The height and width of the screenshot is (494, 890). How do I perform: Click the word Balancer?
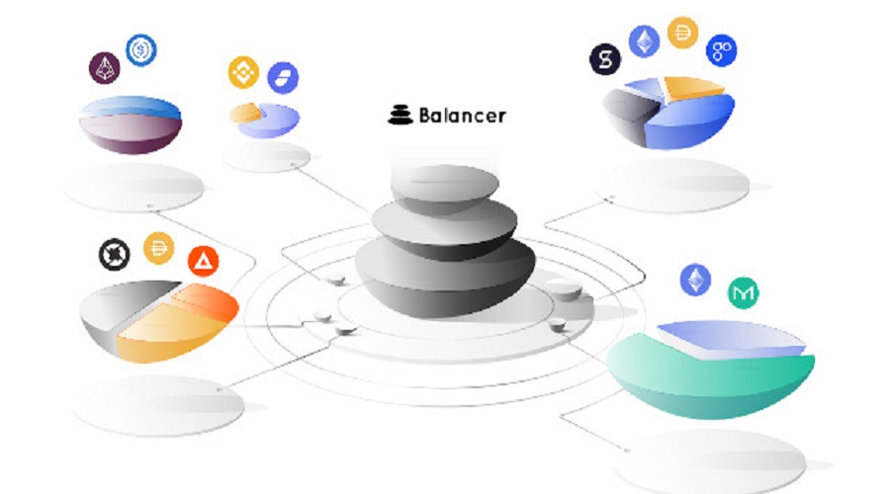pyautogui.click(x=462, y=116)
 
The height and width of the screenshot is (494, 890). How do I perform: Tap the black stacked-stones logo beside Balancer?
pyautogui.click(x=400, y=115)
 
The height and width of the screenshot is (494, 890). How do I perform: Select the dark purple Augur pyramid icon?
pyautogui.click(x=105, y=68)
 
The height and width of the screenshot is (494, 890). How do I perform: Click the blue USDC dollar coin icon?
pyautogui.click(x=140, y=50)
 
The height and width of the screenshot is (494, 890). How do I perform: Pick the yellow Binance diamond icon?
pyautogui.click(x=243, y=72)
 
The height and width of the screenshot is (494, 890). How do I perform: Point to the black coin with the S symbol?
pyautogui.click(x=605, y=59)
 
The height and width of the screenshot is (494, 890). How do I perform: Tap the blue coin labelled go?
pyautogui.click(x=722, y=51)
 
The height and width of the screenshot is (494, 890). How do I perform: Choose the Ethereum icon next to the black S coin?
pyautogui.click(x=644, y=41)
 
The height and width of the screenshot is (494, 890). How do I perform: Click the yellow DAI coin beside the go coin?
pyautogui.click(x=682, y=33)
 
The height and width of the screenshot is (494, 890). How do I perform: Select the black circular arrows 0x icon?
pyautogui.click(x=114, y=255)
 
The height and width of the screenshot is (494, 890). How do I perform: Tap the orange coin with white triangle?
pyautogui.click(x=203, y=261)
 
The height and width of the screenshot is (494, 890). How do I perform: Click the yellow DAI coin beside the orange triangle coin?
pyautogui.click(x=159, y=248)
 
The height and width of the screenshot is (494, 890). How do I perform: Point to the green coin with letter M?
pyautogui.click(x=743, y=292)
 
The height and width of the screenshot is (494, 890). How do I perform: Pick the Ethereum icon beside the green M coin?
pyautogui.click(x=695, y=280)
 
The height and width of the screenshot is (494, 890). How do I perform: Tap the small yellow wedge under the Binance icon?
pyautogui.click(x=246, y=113)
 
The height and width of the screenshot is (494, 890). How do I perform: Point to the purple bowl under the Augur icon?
pyautogui.click(x=132, y=133)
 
